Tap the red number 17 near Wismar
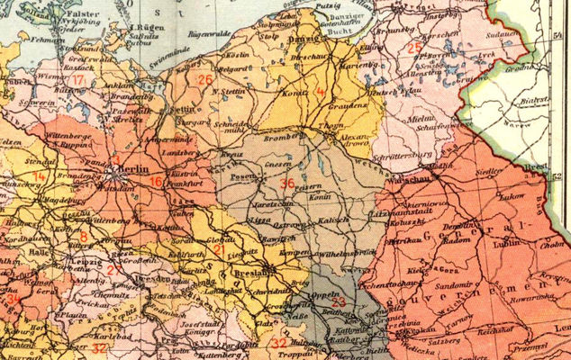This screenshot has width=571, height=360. (x=79, y=81)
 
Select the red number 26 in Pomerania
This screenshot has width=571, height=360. (x=205, y=80)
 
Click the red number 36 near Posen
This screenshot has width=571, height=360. (x=287, y=184)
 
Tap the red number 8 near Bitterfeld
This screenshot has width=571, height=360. (x=84, y=237)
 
